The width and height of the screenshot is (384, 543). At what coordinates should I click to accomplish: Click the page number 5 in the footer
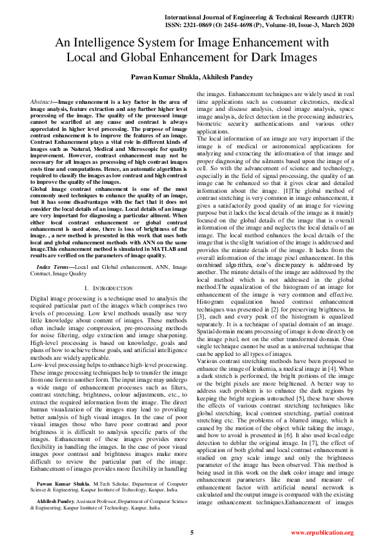[192, 532]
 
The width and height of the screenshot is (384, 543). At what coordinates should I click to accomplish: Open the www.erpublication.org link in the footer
[322, 533]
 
